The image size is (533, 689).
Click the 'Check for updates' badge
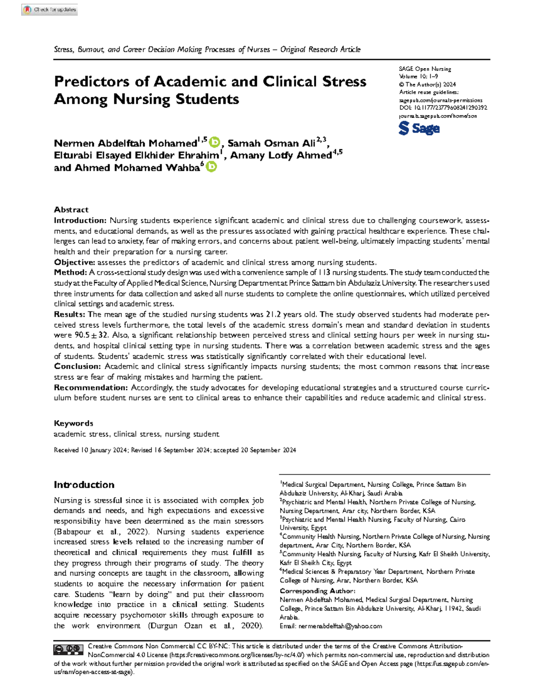tap(50, 9)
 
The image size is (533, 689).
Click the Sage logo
tap(419, 129)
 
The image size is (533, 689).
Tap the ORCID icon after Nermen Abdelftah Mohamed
tap(215, 142)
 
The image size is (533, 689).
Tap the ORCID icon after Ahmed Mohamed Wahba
tap(211, 167)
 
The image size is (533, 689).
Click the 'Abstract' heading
tap(71, 210)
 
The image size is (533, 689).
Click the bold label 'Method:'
tap(70, 272)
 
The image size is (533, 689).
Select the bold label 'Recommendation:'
tap(91, 387)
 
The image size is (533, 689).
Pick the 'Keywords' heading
tap(73, 423)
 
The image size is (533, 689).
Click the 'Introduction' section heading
tap(84, 484)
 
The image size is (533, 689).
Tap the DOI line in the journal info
tap(443, 108)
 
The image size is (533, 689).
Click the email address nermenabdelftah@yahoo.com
tap(340, 626)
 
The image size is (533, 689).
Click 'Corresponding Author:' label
tap(317, 591)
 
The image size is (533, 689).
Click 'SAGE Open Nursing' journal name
tap(425, 69)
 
